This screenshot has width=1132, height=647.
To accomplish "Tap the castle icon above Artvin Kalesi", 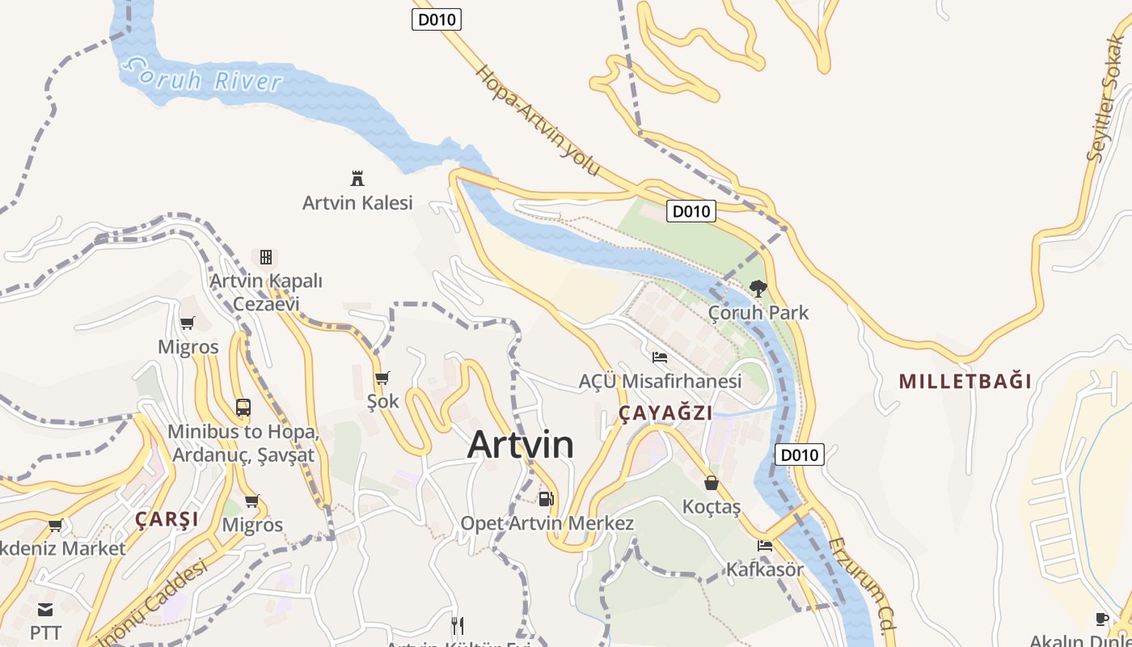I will [x=357, y=178].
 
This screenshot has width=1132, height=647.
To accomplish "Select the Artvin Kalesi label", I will [x=357, y=202].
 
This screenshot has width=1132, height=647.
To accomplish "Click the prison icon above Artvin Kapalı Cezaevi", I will [x=265, y=257].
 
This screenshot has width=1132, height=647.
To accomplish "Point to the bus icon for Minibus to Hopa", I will [x=243, y=407].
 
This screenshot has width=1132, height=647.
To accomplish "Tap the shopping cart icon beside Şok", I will [x=382, y=378].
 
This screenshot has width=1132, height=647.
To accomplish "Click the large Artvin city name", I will [x=521, y=445].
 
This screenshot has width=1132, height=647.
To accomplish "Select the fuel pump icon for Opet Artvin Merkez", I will [x=547, y=498].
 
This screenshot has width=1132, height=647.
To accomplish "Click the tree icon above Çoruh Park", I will [x=758, y=288].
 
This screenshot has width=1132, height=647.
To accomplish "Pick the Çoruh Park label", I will [x=758, y=312].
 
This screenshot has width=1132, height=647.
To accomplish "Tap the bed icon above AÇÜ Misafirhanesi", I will [x=660, y=357].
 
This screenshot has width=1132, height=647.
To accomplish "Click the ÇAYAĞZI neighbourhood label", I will [x=665, y=413].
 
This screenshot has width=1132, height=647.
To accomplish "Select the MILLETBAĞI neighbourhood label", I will [x=965, y=381].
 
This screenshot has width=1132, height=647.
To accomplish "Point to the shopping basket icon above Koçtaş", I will [x=712, y=483].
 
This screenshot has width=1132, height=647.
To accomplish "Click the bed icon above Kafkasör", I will [x=764, y=546].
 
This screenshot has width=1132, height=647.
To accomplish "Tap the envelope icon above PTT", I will [x=45, y=609].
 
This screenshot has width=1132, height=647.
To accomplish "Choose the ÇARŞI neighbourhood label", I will [x=167, y=519].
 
